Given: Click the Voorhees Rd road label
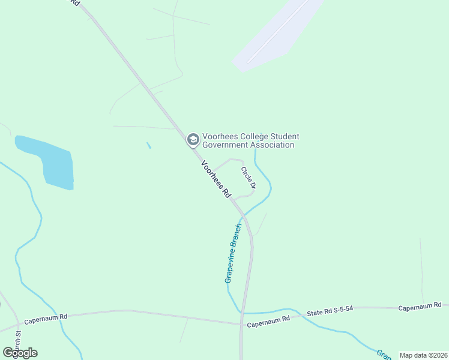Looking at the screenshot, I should [216, 179].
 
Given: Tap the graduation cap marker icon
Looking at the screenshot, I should [193, 140].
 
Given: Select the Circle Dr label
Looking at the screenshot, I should [249, 178].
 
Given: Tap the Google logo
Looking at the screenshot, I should [20, 353].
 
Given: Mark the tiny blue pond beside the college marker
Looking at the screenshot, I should [149, 145].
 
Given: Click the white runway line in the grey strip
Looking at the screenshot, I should [278, 30].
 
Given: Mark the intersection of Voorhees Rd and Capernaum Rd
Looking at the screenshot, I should [241, 325].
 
